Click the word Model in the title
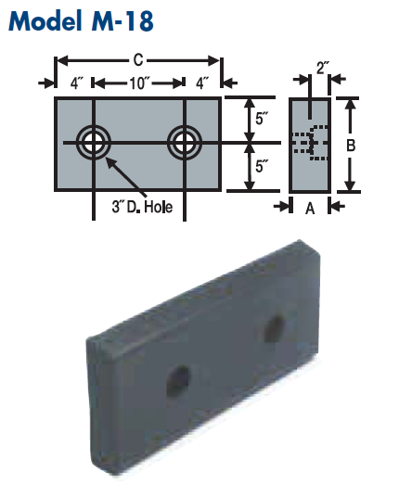[47, 21]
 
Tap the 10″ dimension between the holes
[139, 83]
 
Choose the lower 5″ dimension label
[262, 167]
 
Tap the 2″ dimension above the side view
[322, 69]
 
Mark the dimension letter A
[310, 209]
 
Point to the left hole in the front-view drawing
[94, 142]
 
